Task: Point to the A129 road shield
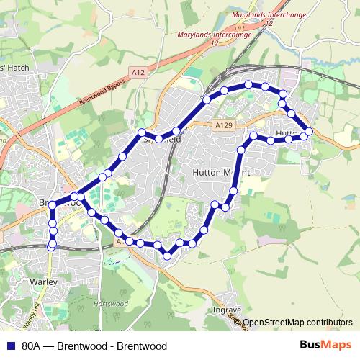click(224, 126)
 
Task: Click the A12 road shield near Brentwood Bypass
click(138, 71)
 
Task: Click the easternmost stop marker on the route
click(309, 131)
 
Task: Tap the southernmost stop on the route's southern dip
click(166, 255)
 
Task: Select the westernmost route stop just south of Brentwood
click(50, 246)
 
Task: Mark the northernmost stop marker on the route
click(248, 85)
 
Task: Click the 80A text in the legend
click(32, 346)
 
